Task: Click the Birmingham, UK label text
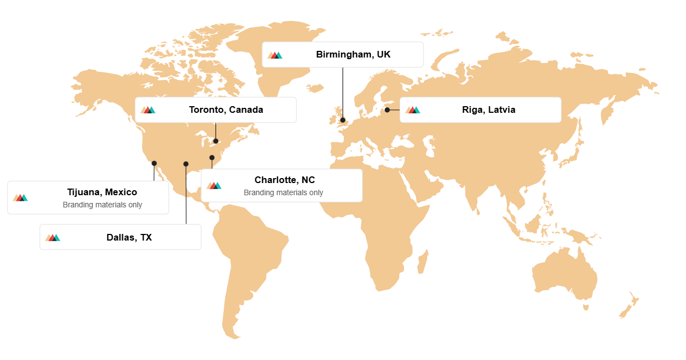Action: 353,54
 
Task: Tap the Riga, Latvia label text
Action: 489,109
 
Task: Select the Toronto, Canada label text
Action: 226,109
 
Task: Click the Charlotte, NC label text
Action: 285,180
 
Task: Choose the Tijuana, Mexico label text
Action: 102,192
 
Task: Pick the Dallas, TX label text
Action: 129,237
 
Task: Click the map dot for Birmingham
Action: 343,120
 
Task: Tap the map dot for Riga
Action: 387,110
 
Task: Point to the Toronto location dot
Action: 216,141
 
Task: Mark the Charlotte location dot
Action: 212,158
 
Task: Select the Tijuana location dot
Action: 154,163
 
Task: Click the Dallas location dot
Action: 186,164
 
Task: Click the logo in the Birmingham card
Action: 275,55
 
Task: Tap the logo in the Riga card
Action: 413,110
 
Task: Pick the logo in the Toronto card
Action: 148,110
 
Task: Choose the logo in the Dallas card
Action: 53,238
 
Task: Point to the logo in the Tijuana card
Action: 20,197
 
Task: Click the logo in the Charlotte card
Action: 214,185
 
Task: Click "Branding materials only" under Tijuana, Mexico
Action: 102,205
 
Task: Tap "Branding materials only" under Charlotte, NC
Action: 284,192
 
